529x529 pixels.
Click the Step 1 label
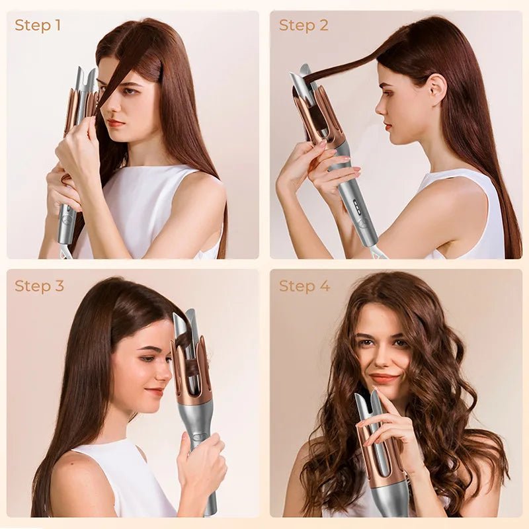38,25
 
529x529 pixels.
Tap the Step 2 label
304,25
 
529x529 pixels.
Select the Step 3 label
39,286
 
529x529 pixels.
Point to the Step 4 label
304,286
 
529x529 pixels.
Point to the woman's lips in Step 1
116,123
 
